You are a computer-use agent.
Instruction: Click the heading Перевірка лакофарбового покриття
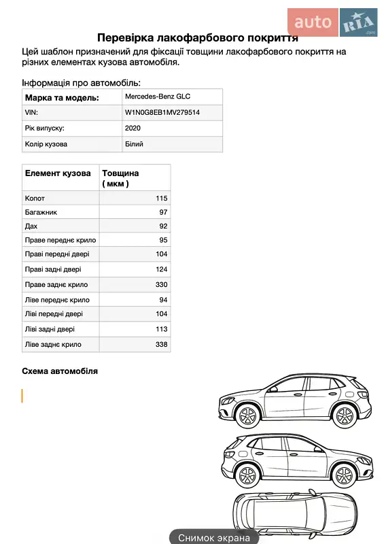point(198,38)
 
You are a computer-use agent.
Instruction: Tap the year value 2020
point(133,129)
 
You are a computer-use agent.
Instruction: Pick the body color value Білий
point(134,144)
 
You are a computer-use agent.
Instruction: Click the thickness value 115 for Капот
point(161,198)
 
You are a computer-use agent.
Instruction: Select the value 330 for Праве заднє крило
point(161,285)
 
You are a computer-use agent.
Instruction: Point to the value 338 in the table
point(161,345)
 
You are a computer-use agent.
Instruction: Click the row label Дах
point(31,226)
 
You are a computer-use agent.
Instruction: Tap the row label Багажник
point(40,212)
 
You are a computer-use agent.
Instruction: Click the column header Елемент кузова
point(58,173)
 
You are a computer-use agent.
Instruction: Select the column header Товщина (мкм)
point(120,178)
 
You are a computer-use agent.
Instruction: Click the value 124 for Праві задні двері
point(161,270)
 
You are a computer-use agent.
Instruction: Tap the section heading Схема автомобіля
point(60,371)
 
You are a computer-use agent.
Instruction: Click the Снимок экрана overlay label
point(214,537)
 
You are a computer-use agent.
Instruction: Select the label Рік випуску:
point(45,129)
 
